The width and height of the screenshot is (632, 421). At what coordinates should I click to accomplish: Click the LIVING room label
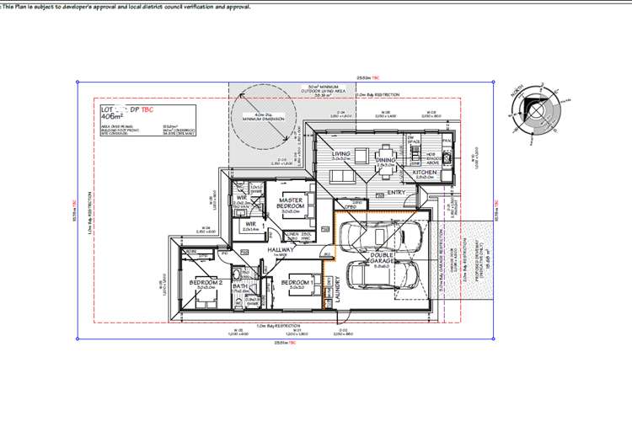pos(341,154)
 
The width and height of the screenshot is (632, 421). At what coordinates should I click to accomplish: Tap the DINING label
pos(386,159)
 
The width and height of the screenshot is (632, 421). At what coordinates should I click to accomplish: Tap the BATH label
pos(240,286)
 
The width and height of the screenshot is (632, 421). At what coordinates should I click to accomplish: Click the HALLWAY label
pos(281,250)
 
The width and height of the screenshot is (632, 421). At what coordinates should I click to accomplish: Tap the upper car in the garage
pos(395,235)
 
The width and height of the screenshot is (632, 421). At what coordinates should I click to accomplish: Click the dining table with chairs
pos(385,172)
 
